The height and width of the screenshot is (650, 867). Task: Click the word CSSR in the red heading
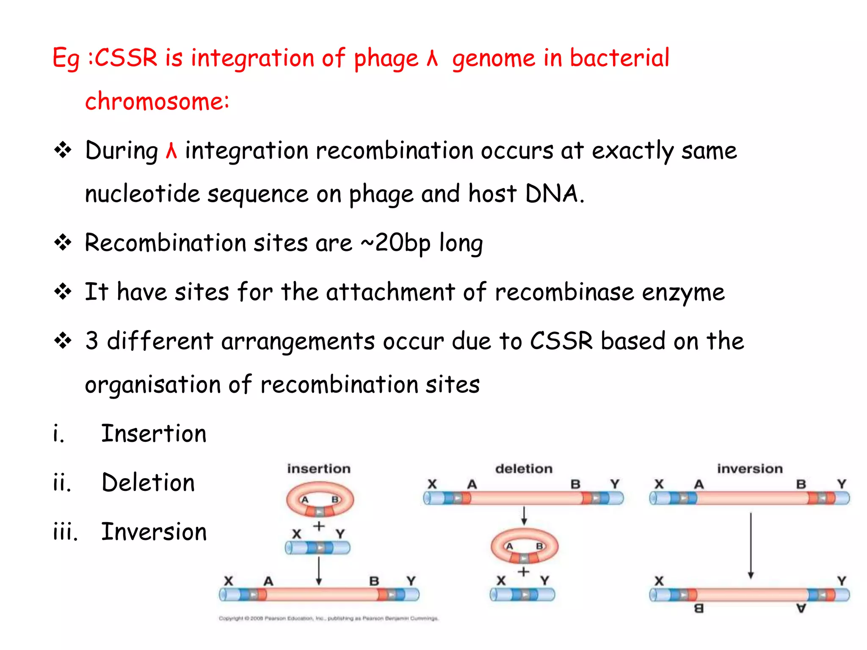tap(126, 58)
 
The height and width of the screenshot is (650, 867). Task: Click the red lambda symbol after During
tap(171, 151)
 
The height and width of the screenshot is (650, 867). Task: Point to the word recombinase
tap(564, 292)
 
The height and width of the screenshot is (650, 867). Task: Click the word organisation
tap(152, 385)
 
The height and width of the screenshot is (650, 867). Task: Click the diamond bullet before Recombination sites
tap(63, 242)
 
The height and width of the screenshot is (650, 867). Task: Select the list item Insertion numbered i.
tap(154, 434)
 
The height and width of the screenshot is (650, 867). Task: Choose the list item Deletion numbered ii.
tap(148, 483)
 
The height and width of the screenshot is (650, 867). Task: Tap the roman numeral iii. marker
tap(66, 532)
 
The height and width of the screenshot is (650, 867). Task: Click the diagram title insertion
tap(319, 469)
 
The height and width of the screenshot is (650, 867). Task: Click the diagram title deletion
tap(524, 469)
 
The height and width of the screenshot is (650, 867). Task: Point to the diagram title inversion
tap(750, 469)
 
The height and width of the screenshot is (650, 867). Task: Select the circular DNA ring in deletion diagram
tap(525, 546)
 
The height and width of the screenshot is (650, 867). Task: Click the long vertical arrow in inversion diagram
tap(751, 545)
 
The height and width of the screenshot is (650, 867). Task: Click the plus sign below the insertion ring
tap(319, 526)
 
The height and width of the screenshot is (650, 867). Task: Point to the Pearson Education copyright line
tap(329, 618)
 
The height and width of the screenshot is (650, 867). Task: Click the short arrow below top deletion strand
tap(524, 515)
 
